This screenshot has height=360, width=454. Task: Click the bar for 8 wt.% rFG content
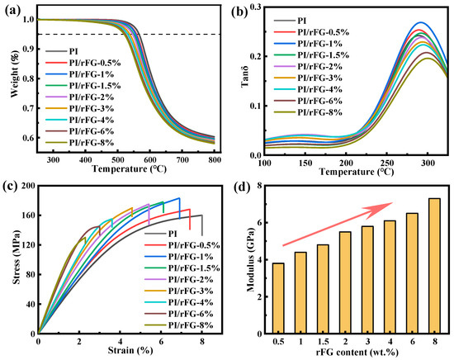(x=434, y=266)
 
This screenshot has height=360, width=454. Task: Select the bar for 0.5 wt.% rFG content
(x=278, y=298)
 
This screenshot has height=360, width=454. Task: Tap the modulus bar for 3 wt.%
(x=367, y=280)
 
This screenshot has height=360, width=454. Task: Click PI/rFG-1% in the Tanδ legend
(x=319, y=44)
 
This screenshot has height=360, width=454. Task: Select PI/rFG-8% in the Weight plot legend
(x=91, y=143)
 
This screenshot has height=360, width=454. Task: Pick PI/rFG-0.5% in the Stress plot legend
(x=194, y=245)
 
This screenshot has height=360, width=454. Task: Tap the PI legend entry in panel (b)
(x=302, y=21)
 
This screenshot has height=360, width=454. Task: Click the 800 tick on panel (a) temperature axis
(x=215, y=159)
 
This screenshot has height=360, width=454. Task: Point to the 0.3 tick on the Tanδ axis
(x=255, y=7)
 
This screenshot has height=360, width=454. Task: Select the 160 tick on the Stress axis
(x=28, y=216)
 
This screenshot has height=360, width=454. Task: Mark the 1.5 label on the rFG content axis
(x=323, y=342)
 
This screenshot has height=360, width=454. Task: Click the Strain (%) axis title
(x=130, y=350)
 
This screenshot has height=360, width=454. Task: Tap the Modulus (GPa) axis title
(x=250, y=260)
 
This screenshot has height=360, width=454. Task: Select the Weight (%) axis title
(x=16, y=74)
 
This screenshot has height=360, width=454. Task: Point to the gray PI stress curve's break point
(x=202, y=216)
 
